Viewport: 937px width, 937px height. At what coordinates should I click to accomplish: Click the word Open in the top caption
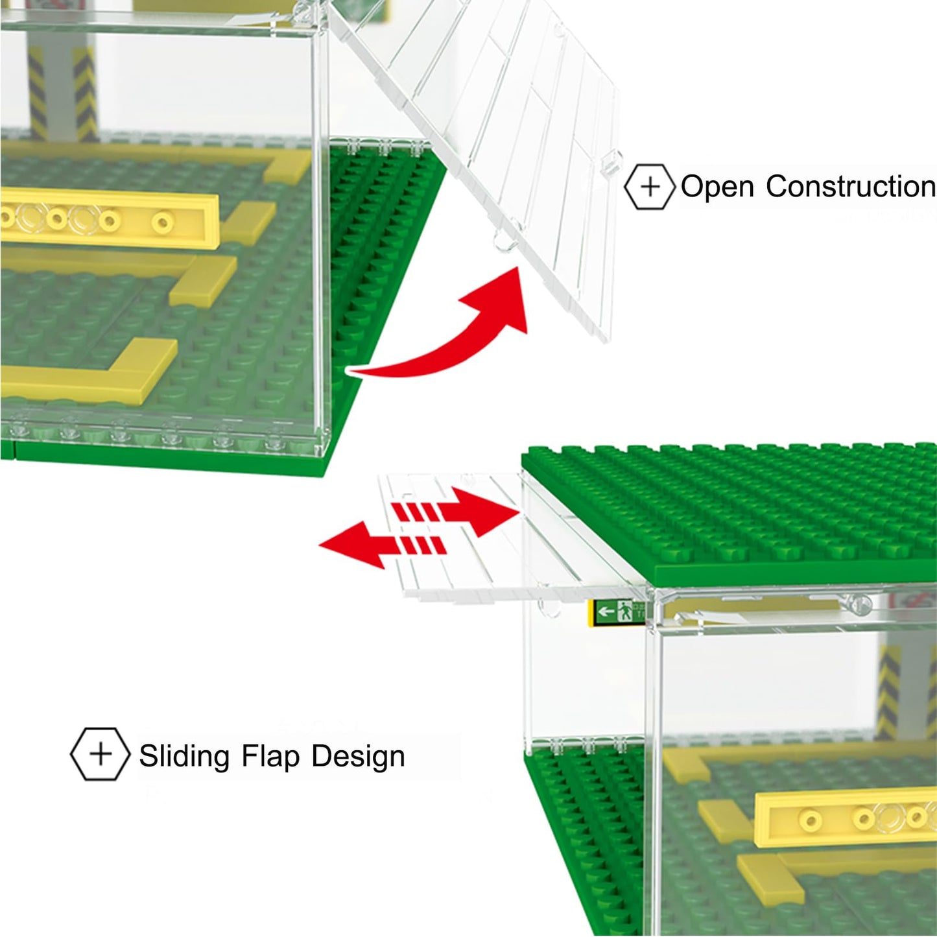[718, 187]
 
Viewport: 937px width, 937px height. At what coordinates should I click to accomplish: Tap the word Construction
[850, 187]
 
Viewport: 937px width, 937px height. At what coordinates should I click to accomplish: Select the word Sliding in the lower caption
[184, 756]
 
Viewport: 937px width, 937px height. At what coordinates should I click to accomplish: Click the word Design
[358, 757]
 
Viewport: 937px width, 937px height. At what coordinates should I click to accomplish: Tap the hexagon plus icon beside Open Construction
[650, 187]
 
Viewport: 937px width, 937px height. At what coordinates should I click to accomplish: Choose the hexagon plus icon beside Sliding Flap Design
[100, 753]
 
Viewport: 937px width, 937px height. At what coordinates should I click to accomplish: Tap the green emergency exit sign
[617, 611]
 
